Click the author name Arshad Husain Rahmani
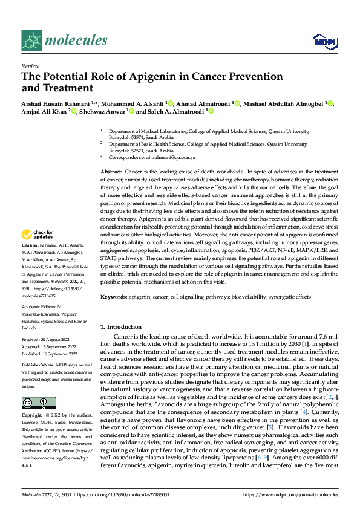coord(56,103)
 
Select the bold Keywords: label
coord(114,297)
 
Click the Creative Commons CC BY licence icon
coord(38,403)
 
